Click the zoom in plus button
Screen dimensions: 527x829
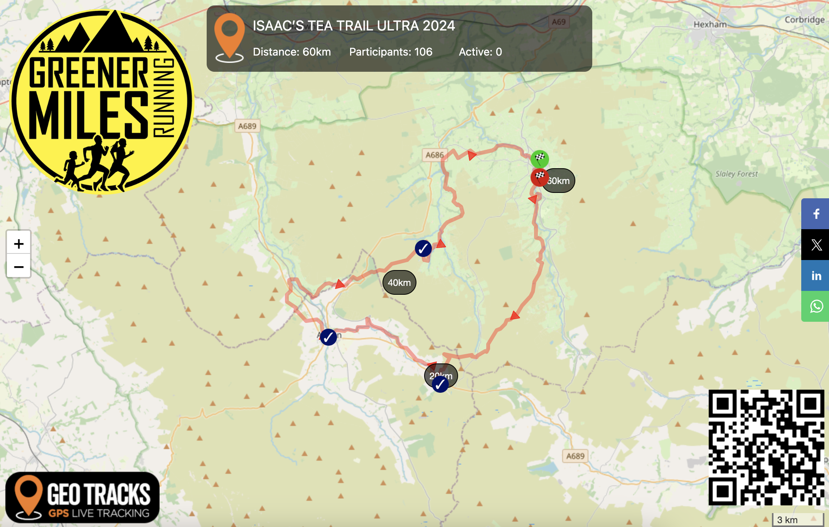click(19, 243)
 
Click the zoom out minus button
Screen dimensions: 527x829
click(19, 267)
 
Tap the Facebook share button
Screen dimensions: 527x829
click(816, 214)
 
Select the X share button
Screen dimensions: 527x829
click(816, 245)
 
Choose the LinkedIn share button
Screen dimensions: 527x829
click(816, 275)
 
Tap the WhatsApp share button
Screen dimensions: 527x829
click(816, 306)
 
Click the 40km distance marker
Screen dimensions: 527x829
click(399, 282)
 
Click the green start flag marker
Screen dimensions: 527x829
click(539, 158)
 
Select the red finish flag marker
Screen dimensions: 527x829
click(539, 177)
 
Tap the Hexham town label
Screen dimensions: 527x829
click(710, 24)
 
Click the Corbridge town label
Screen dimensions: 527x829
click(804, 20)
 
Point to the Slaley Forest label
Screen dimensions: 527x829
click(736, 174)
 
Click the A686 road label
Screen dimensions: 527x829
click(435, 155)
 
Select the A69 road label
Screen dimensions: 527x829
click(558, 22)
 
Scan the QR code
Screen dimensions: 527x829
click(766, 447)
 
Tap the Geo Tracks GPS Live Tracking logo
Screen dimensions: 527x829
click(83, 497)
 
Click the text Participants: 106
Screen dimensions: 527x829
click(391, 52)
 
